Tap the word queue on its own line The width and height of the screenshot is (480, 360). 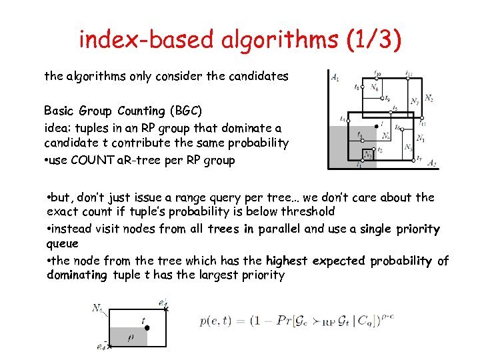(x=63, y=244)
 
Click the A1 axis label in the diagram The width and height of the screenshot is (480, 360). (x=335, y=77)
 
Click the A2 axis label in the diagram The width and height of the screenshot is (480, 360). (x=431, y=163)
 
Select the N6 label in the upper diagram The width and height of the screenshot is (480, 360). (x=375, y=87)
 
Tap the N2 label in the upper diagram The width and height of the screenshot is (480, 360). (x=429, y=99)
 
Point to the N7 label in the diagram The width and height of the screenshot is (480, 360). (x=414, y=102)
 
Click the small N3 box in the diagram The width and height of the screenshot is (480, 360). (x=367, y=155)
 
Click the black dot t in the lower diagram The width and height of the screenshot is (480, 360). (x=147, y=327)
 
